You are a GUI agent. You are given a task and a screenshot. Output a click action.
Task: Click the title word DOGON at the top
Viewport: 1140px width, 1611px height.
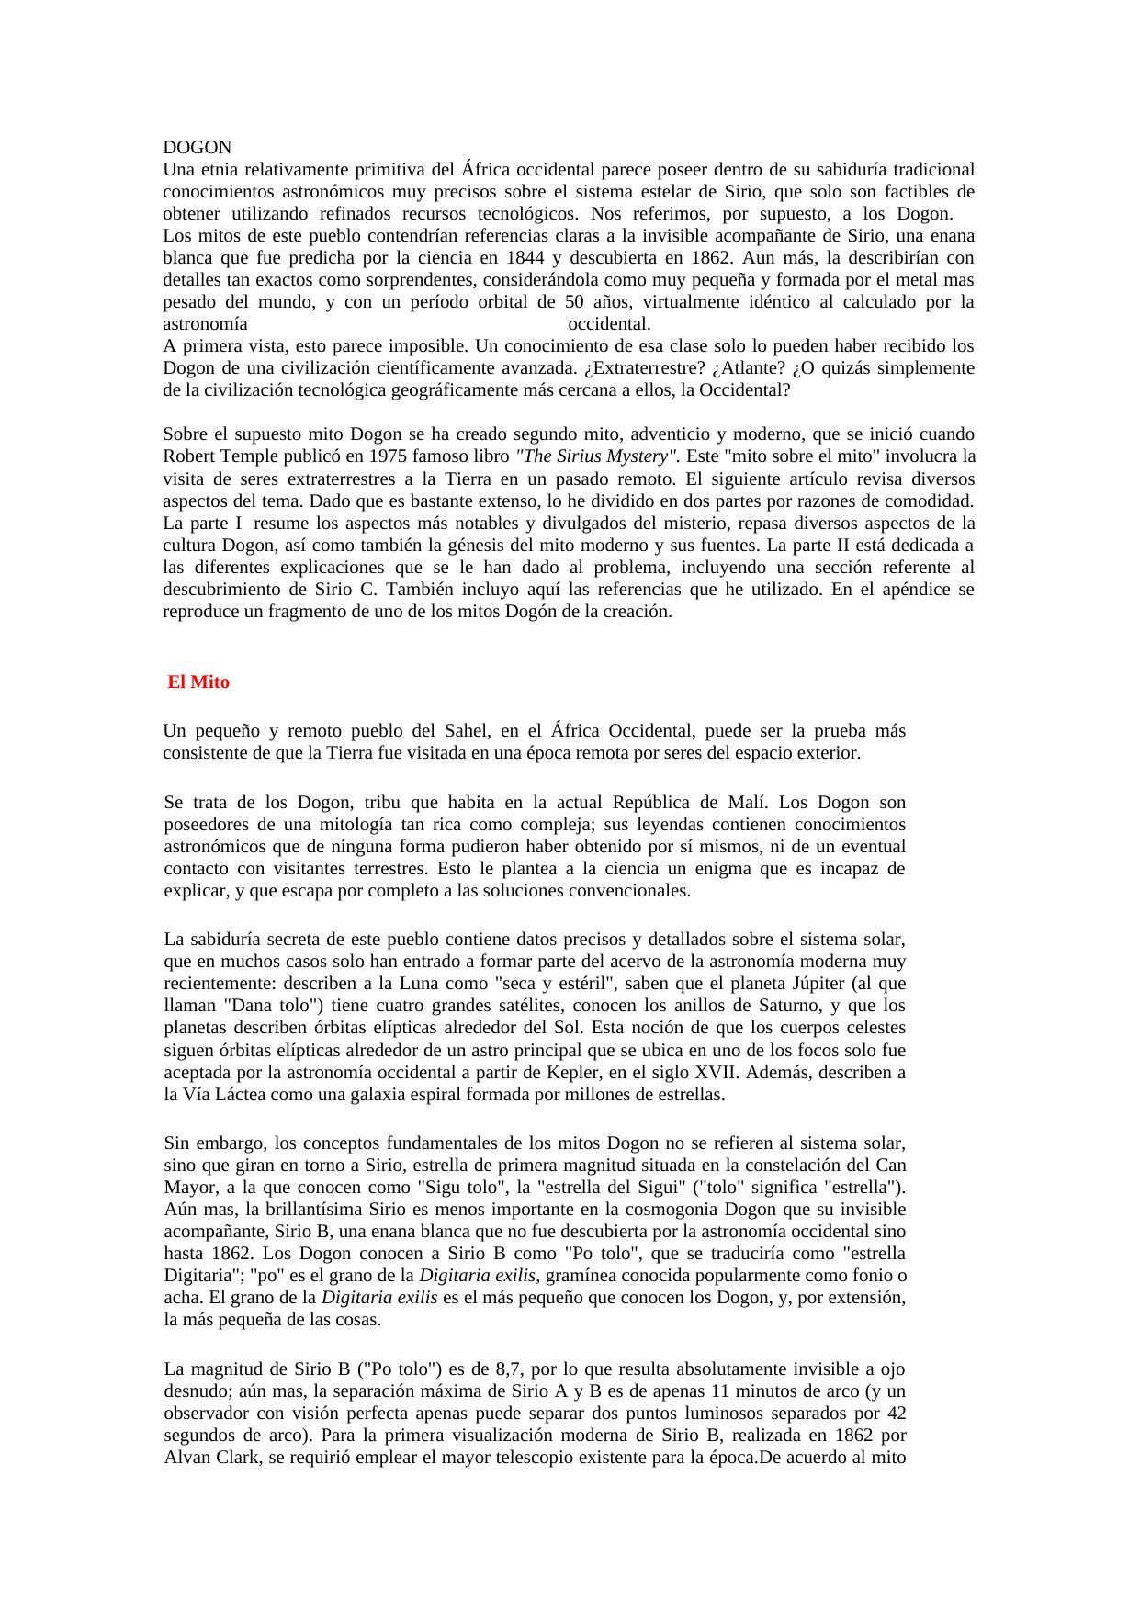click(197, 147)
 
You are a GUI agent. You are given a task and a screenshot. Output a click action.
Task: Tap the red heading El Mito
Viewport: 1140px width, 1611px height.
click(198, 682)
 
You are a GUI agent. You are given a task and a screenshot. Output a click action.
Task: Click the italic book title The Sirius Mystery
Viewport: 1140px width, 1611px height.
click(597, 456)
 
